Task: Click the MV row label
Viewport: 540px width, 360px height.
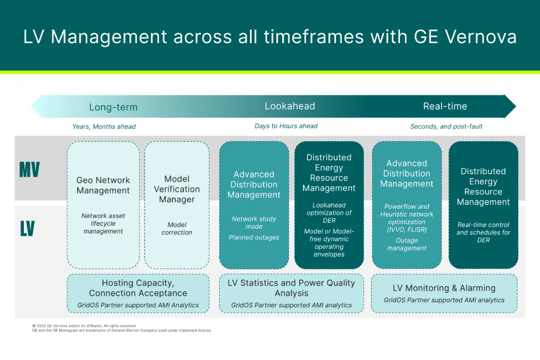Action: [x=29, y=169]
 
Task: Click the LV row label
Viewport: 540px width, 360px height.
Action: [x=27, y=228]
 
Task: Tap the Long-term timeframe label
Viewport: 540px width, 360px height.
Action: [x=113, y=107]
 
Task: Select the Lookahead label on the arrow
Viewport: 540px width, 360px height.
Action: [x=289, y=106]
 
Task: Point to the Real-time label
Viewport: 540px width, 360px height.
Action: [x=445, y=106]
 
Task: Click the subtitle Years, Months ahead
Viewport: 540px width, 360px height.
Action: [x=104, y=126]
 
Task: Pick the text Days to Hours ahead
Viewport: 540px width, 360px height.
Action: [x=286, y=126]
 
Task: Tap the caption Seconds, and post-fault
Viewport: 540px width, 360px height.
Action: [x=446, y=126]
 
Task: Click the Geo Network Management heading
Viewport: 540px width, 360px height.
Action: [x=103, y=185]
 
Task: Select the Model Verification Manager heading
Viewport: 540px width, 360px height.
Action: [x=176, y=189]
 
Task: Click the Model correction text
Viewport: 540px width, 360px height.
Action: [x=176, y=228]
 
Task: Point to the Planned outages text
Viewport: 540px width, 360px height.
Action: [x=254, y=237]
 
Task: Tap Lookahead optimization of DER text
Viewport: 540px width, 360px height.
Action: [x=329, y=212]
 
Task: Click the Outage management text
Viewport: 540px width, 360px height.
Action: [x=406, y=244]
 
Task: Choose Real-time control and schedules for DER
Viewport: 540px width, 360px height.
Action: [x=483, y=232]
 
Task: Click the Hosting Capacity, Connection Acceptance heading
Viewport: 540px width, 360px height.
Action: [x=138, y=288]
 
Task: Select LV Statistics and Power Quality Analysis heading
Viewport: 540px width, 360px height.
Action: [x=291, y=288]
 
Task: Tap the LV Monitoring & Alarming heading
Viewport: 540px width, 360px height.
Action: [x=444, y=288]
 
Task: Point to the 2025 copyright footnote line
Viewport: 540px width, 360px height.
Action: [x=84, y=325]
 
